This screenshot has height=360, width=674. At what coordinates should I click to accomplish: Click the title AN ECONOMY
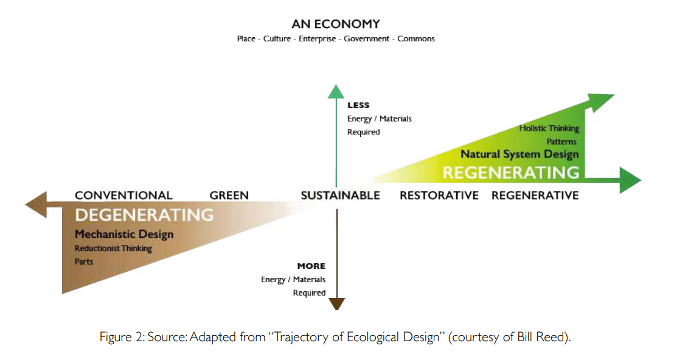click(x=335, y=24)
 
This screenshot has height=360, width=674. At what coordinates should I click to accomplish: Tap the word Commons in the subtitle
click(x=416, y=39)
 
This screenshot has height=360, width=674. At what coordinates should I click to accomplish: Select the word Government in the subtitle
click(x=366, y=39)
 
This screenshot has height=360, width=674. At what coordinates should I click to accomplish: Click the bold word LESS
click(x=358, y=105)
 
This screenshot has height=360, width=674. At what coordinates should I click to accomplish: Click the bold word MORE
click(x=311, y=266)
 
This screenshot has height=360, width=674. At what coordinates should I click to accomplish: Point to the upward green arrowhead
click(x=336, y=91)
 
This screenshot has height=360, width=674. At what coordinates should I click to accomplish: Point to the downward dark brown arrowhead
click(x=336, y=304)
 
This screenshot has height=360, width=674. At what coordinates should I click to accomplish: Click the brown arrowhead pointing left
click(x=35, y=204)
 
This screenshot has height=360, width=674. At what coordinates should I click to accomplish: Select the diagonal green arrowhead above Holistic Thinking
click(x=602, y=101)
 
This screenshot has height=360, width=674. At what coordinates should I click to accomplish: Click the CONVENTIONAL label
click(x=123, y=195)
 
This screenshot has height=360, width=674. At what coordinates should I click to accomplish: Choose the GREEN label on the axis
click(x=229, y=195)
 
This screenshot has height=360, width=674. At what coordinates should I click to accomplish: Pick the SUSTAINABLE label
click(x=340, y=195)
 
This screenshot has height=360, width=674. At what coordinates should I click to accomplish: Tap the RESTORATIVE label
click(x=439, y=195)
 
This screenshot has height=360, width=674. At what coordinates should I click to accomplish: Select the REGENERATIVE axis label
click(x=535, y=195)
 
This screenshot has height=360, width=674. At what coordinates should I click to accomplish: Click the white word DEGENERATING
click(x=144, y=215)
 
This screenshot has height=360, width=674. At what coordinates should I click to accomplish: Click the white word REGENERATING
click(x=511, y=173)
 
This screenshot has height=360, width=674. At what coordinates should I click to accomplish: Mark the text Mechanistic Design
click(x=124, y=234)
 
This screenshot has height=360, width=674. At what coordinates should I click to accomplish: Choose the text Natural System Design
click(x=519, y=154)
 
